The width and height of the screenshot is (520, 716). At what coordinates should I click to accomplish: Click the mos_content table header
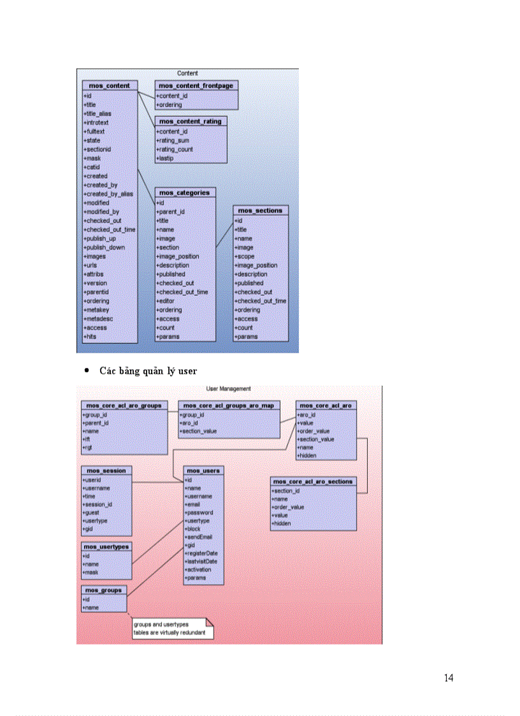click(x=110, y=85)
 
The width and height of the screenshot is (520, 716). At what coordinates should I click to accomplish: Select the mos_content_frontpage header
click(x=196, y=85)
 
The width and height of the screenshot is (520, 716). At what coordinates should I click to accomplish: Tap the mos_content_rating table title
click(x=191, y=121)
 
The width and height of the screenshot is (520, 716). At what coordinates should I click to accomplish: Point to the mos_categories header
click(x=185, y=193)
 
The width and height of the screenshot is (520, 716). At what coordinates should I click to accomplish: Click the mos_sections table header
click(x=260, y=210)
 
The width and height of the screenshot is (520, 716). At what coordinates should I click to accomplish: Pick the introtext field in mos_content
click(x=97, y=122)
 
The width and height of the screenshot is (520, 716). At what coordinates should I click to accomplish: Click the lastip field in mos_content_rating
click(x=165, y=158)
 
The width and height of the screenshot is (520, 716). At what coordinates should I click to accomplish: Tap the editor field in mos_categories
click(x=166, y=301)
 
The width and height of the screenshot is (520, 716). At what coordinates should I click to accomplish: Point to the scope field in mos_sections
click(x=245, y=256)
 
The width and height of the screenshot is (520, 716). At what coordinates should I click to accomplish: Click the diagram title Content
click(x=187, y=73)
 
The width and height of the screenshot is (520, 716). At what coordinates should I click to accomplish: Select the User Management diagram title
click(x=229, y=388)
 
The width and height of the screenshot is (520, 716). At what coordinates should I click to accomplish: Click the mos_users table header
click(x=203, y=471)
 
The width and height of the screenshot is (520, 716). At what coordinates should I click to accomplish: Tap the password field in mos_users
click(x=199, y=513)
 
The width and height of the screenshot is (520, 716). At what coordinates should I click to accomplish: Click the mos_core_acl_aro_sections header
click(x=313, y=482)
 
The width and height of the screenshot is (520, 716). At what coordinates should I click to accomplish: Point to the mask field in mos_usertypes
click(x=90, y=572)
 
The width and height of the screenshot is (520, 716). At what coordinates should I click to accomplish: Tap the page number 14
click(x=449, y=678)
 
